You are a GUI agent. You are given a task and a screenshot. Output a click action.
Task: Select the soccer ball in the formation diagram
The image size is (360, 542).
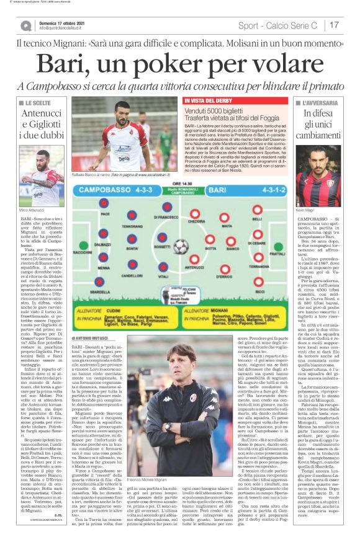[x=181, y=247]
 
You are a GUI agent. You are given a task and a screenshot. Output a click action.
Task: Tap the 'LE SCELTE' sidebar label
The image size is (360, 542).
[x=38, y=101]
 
